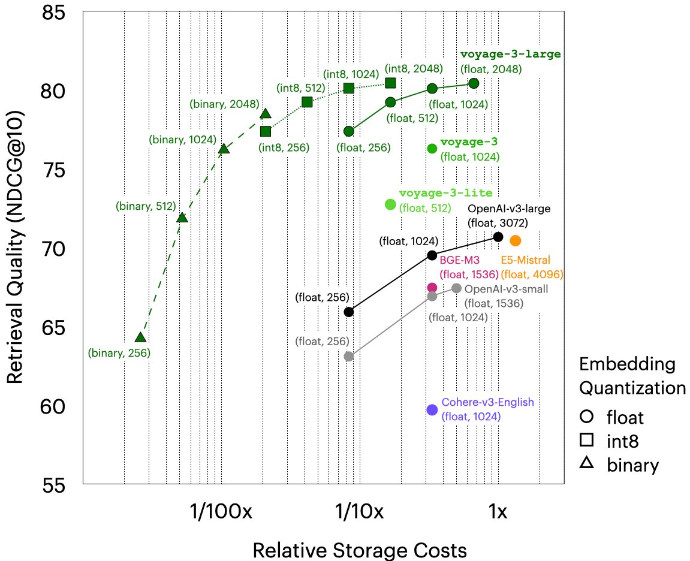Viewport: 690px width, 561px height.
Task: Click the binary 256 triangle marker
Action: click(140, 338)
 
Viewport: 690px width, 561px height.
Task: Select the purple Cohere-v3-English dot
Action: click(432, 409)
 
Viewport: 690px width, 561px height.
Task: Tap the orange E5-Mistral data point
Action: click(515, 240)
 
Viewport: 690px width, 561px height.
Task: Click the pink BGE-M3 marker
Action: click(432, 288)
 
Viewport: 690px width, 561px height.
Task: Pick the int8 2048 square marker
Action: click(390, 83)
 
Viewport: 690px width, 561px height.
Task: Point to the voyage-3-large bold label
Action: click(510, 54)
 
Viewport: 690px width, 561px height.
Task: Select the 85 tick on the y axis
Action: click(56, 13)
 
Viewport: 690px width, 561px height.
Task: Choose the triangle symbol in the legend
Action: click(587, 463)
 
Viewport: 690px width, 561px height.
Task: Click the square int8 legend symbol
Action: click(587, 440)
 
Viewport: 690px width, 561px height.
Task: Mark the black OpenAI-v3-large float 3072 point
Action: click(498, 237)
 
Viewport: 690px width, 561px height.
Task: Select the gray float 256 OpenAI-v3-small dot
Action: click(349, 357)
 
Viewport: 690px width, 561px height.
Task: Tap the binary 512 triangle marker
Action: click(182, 218)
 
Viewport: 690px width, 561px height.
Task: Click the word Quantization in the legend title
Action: click(632, 388)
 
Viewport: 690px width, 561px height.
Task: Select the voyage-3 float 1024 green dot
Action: click(432, 148)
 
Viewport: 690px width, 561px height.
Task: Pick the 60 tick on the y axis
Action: click(56, 406)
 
